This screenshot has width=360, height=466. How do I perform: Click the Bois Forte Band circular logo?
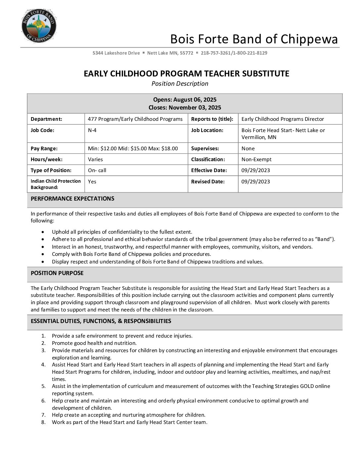39,26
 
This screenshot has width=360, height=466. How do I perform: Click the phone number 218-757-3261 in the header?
215,53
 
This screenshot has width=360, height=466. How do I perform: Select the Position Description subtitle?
180,84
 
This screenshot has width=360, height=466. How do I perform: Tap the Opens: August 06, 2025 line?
185,100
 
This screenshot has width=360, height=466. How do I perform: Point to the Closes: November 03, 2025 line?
185,108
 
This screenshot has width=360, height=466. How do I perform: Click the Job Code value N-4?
92,130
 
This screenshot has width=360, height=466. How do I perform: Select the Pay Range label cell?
44,149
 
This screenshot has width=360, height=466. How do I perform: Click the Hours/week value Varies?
95,160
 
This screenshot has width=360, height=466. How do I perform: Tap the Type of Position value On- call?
97,170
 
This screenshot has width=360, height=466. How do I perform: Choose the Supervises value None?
248,149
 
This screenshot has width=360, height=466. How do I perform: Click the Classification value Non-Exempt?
256,160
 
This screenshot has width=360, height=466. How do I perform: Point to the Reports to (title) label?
212,119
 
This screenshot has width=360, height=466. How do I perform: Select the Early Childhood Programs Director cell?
283,119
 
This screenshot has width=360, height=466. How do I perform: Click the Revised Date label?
208,182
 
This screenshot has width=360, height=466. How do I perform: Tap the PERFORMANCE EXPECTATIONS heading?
72,199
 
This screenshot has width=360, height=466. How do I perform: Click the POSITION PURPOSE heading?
57,273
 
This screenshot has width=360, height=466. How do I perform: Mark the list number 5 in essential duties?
44,386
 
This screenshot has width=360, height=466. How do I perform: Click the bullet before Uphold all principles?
43,232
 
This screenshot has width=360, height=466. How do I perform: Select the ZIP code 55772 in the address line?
187,53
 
